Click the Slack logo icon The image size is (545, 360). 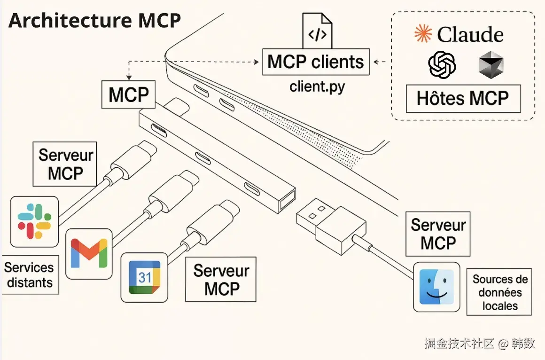click(x=34, y=221)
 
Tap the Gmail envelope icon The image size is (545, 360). click(x=89, y=253)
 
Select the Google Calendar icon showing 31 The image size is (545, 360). click(x=144, y=277)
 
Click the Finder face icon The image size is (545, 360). click(x=436, y=287)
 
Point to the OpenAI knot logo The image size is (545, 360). click(x=442, y=64)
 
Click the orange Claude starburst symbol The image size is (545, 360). click(x=423, y=34)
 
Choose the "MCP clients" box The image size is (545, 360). click(x=316, y=62)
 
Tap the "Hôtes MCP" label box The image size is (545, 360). click(x=463, y=98)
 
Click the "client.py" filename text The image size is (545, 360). click(x=317, y=86)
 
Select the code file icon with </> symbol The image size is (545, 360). click(x=317, y=31)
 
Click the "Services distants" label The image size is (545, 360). click(x=29, y=275)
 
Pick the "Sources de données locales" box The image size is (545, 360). click(x=499, y=292)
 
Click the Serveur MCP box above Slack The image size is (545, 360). click(x=65, y=164)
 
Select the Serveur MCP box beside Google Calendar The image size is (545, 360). click(x=221, y=279)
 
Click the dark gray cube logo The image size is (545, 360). click(x=490, y=65)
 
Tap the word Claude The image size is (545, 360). click(x=470, y=35)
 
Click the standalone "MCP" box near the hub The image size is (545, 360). click(x=129, y=95)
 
